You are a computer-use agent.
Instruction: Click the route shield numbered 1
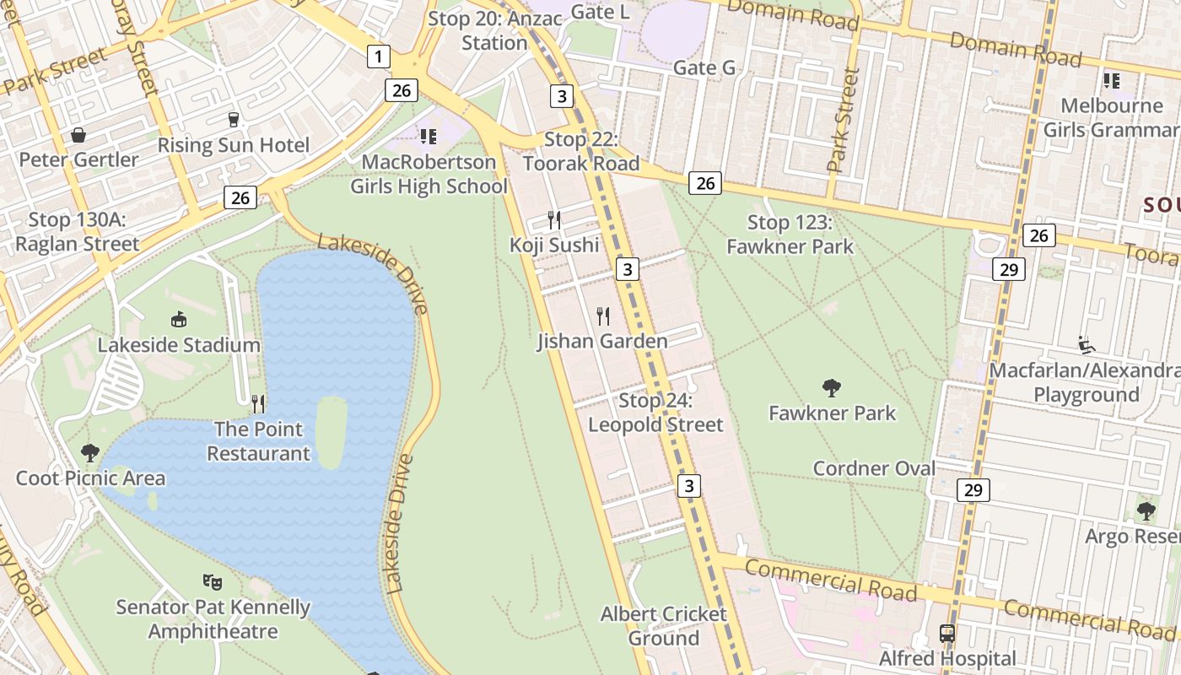pyautogui.click(x=379, y=57)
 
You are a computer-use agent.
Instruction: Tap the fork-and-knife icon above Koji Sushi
pyautogui.click(x=554, y=220)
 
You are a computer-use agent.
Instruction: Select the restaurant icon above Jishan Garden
pyautogui.click(x=603, y=316)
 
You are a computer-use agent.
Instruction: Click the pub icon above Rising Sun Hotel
pyautogui.click(x=234, y=119)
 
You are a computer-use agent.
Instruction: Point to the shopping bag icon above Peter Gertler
pyautogui.click(x=78, y=135)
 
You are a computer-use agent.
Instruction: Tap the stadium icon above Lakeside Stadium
pyautogui.click(x=179, y=319)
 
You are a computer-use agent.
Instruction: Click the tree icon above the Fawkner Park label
pyautogui.click(x=832, y=388)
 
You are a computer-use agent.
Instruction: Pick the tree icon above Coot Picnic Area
pyautogui.click(x=90, y=453)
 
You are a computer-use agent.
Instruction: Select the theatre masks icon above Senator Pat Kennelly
pyautogui.click(x=213, y=581)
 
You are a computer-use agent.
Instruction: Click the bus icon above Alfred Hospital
pyautogui.click(x=947, y=633)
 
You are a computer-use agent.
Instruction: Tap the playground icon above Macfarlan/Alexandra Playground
pyautogui.click(x=1087, y=345)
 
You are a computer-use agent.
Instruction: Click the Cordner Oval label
pyautogui.click(x=874, y=468)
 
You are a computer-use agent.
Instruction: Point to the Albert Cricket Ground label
pyautogui.click(x=663, y=626)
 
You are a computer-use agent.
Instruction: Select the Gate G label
pyautogui.click(x=704, y=67)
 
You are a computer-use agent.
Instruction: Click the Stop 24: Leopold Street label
pyautogui.click(x=655, y=413)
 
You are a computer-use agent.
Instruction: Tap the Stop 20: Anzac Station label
pyautogui.click(x=494, y=30)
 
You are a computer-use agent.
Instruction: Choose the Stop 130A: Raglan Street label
pyautogui.click(x=77, y=232)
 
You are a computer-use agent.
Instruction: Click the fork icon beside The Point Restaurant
pyautogui.click(x=258, y=404)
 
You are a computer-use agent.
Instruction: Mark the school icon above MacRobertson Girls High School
pyautogui.click(x=429, y=136)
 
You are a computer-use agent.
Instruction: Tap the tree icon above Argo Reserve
pyautogui.click(x=1146, y=510)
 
